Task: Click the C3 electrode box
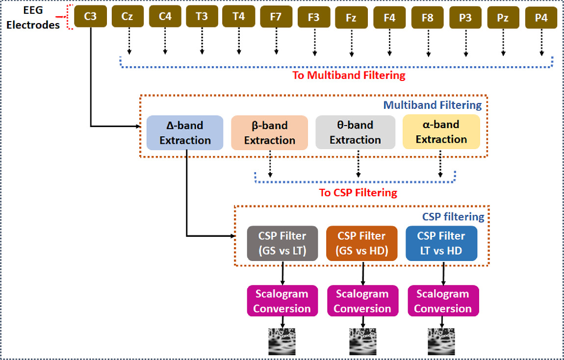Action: [90, 16]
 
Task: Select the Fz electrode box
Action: [351, 17]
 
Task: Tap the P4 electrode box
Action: [541, 17]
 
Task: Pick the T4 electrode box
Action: [238, 16]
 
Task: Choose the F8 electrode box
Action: [428, 17]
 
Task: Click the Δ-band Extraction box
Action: [185, 133]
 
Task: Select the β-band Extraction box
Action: [269, 133]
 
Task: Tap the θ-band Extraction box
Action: [356, 132]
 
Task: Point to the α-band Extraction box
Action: [441, 132]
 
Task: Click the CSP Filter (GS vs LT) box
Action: [282, 243]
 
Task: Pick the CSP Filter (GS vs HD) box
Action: [362, 243]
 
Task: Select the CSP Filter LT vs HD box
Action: [441, 243]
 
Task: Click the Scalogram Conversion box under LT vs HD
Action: [443, 301]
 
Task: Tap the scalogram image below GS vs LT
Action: [282, 341]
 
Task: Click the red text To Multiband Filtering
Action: [349, 76]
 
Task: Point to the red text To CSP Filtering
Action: [358, 193]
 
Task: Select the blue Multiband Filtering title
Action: [433, 105]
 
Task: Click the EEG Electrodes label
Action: [33, 17]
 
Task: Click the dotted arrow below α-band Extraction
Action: [440, 164]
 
